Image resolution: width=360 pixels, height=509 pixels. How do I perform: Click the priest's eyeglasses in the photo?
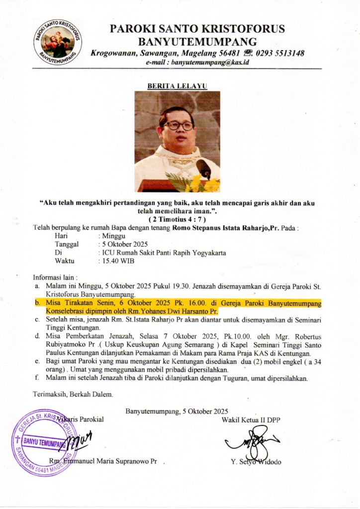(x=178, y=125)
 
